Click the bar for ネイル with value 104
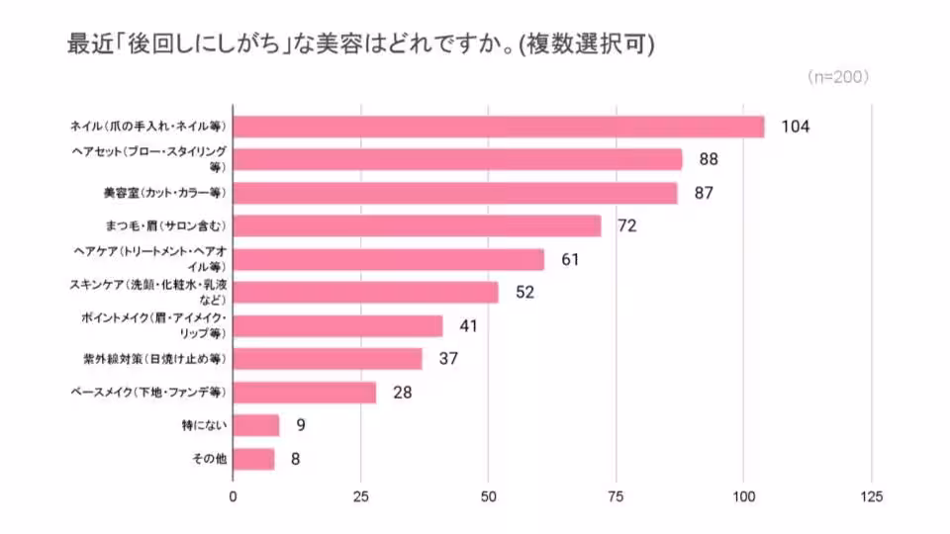click(x=499, y=127)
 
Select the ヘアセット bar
click(x=457, y=159)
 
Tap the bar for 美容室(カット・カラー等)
click(x=455, y=193)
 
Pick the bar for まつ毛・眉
click(x=417, y=226)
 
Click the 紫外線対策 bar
click(x=328, y=359)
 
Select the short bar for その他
click(x=253, y=459)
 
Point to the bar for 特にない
click(x=256, y=425)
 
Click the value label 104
click(x=795, y=127)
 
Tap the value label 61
click(x=569, y=260)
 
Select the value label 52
click(x=523, y=293)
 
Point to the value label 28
click(x=402, y=393)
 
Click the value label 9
click(x=299, y=425)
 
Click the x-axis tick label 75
click(x=617, y=497)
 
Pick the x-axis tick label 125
click(x=871, y=497)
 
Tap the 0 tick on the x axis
click(x=234, y=497)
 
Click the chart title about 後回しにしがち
click(x=360, y=44)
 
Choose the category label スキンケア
click(x=148, y=292)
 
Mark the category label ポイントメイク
click(x=153, y=325)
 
